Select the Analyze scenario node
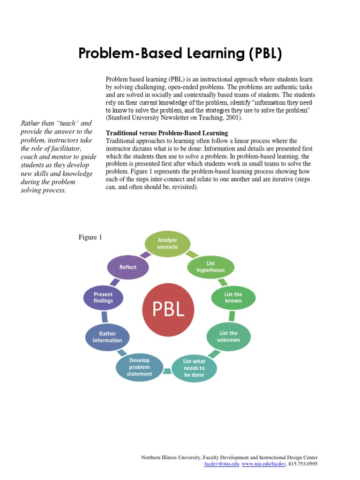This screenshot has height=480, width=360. point(167,243)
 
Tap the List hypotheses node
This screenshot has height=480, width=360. point(210,267)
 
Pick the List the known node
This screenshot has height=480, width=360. point(233,298)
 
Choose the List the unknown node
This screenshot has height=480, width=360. point(229,336)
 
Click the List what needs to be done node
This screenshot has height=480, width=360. point(194,368)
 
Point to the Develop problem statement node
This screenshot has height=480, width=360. point(140,367)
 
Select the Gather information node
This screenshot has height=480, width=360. point(107,337)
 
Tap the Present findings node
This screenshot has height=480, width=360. point(104,298)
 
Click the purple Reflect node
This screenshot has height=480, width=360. point(128,267)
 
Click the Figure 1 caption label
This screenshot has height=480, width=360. point(90,238)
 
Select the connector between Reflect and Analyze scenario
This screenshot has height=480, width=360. point(146,255)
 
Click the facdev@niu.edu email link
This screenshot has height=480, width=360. point(222,464)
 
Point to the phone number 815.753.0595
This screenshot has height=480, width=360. point(303,464)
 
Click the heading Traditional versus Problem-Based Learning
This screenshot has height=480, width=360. point(167,133)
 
